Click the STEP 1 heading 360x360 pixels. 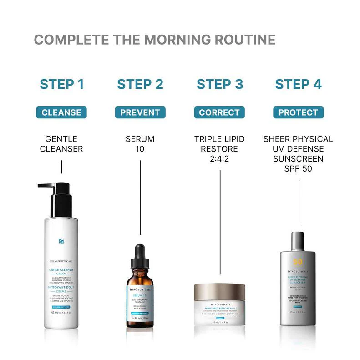point(62,84)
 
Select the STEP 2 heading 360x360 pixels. point(140,84)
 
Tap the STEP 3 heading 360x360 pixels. point(220,84)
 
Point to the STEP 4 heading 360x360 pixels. point(298,84)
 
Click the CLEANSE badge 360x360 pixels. point(61,112)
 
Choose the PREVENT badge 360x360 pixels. point(140,112)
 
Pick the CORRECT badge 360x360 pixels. point(219,112)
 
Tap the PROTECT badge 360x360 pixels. point(298,112)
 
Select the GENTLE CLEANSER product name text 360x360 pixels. point(61,144)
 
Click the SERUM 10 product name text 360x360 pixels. point(140,144)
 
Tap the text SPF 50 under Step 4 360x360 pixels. point(298,169)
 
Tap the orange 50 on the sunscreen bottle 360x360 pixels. point(298,262)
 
